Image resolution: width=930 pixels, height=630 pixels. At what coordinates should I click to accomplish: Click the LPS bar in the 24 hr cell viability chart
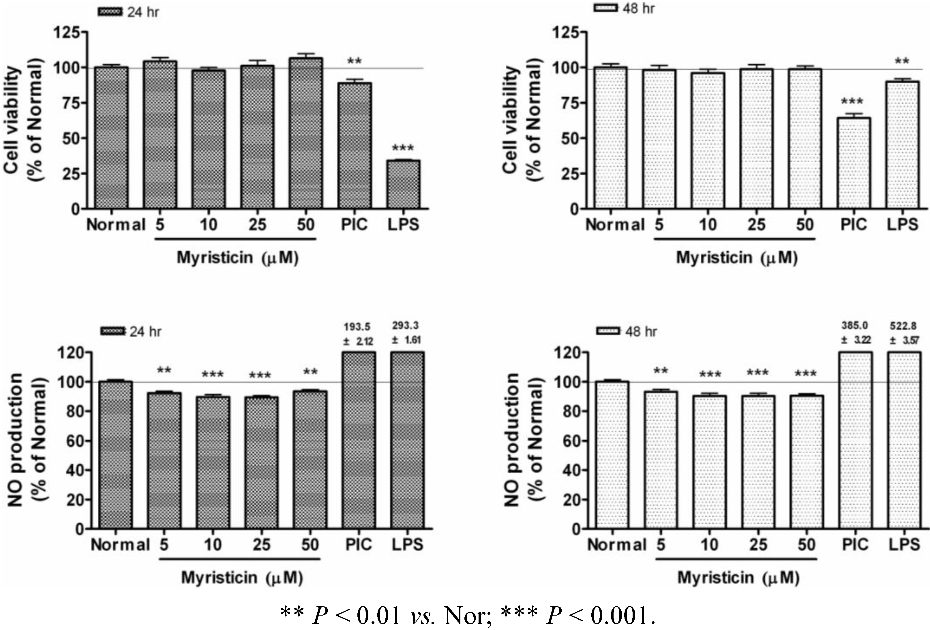click(x=403, y=185)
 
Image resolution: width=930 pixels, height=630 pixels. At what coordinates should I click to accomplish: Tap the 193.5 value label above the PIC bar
click(x=357, y=327)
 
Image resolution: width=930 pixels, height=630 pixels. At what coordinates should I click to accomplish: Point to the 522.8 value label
click(x=903, y=326)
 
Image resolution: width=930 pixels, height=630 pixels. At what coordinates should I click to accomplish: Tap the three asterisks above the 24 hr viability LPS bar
click(x=403, y=149)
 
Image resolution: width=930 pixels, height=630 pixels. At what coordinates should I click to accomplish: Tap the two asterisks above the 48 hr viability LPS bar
click(x=902, y=62)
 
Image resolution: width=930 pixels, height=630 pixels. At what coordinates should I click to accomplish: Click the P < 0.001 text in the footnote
click(x=601, y=615)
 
